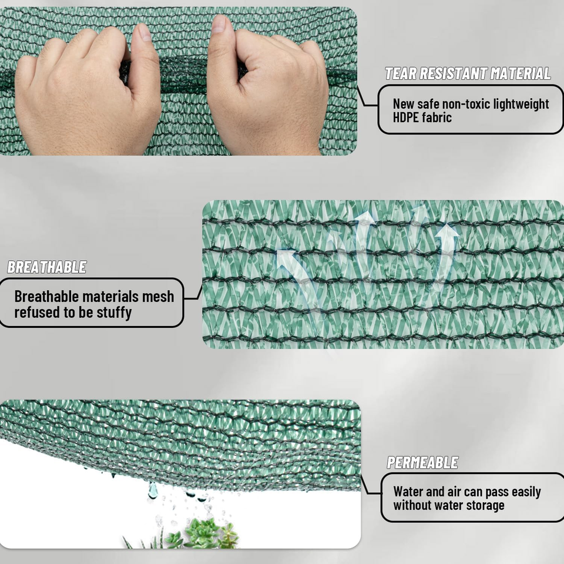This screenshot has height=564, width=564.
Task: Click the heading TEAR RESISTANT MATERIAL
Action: pos(468,74)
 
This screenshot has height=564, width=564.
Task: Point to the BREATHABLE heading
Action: pos(47,267)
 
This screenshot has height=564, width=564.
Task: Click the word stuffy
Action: pos(114,312)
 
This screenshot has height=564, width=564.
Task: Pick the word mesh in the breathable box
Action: pos(158,297)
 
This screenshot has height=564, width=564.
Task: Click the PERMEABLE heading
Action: pos(422,462)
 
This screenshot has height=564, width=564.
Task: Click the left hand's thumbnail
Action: pos(145,32)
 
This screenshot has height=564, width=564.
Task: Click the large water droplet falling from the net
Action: pos(153,490)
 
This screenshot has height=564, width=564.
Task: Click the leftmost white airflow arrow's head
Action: pos(287,256)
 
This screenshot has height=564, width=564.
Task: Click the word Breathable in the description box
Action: pos(46,297)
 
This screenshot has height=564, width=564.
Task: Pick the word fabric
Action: pos(437,117)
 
